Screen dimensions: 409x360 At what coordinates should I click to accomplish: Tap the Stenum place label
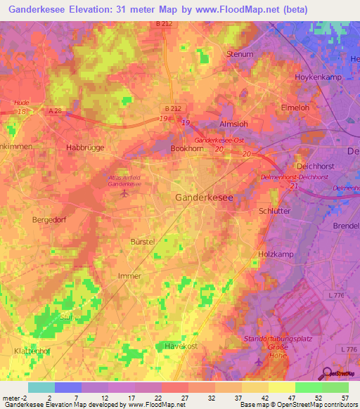[x=240, y=53]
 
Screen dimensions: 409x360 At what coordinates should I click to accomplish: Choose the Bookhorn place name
[x=187, y=150]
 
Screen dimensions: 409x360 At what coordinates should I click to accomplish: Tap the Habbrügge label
[x=84, y=148]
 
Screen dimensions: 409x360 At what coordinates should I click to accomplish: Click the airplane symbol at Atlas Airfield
[x=125, y=193]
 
